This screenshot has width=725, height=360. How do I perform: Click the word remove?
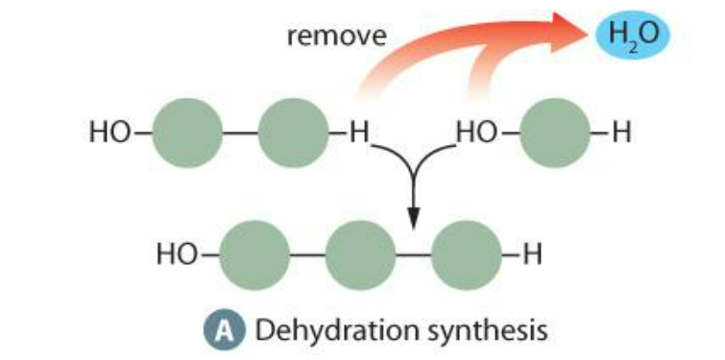(337, 37)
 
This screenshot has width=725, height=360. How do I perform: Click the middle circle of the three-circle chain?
(360, 255)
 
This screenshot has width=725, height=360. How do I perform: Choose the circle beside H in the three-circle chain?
(465, 255)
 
